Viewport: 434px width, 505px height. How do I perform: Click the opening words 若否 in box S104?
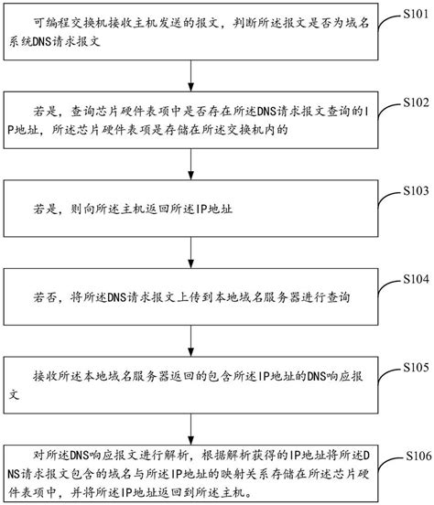click(43, 296)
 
